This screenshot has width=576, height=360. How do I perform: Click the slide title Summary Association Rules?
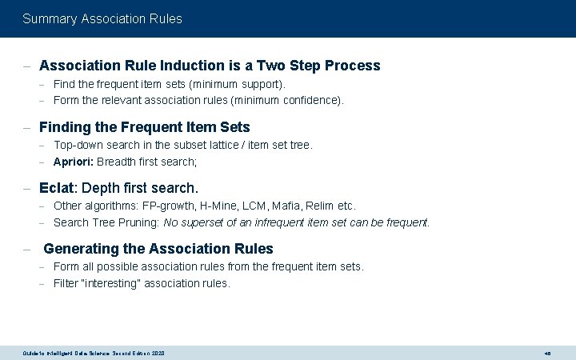coord(102,18)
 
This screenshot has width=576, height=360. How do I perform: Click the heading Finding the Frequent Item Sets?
coord(144,127)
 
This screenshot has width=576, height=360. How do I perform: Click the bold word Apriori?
coord(73,162)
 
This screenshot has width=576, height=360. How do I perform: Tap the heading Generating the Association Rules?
coord(158,249)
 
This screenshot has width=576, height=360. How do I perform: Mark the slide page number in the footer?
coord(547,353)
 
